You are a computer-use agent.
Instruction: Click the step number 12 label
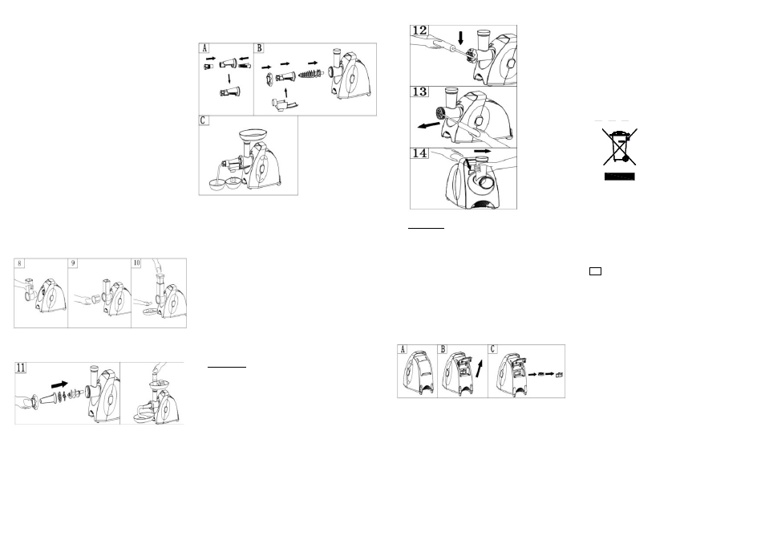click(x=419, y=31)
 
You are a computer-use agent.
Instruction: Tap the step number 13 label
click(x=419, y=92)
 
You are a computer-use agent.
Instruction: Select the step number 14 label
click(x=419, y=153)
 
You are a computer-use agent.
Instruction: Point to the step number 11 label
click(x=21, y=368)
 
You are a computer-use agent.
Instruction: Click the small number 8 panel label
click(x=19, y=263)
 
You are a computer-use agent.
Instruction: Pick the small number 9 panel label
click(x=73, y=263)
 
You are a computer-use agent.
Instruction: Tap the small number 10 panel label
click(x=136, y=263)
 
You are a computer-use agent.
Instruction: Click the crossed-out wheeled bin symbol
click(x=620, y=146)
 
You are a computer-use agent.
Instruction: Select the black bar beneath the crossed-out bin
click(x=620, y=177)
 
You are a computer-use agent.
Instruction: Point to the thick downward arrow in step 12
click(x=460, y=38)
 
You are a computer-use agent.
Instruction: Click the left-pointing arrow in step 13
click(x=429, y=125)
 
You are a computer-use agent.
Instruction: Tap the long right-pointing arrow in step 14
click(x=483, y=152)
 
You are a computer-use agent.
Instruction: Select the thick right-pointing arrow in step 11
click(x=59, y=384)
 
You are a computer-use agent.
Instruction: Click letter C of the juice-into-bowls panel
click(x=204, y=120)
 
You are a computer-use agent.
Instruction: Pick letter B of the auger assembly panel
click(x=260, y=48)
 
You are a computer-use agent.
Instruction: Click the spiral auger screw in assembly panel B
click(x=311, y=74)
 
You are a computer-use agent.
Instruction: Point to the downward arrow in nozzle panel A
click(x=229, y=79)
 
